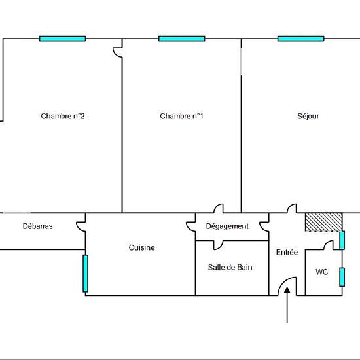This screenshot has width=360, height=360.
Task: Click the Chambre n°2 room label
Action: click(63, 116)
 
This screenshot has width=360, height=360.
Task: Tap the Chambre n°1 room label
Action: click(181, 116)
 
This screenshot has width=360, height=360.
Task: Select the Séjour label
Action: click(308, 116)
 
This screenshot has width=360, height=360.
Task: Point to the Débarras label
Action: click(38, 226)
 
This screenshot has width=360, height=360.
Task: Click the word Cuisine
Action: click(141, 247)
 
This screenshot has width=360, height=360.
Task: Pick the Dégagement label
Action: click(227, 226)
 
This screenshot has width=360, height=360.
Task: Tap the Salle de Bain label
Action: click(230, 267)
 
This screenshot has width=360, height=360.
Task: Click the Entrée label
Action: click(287, 252)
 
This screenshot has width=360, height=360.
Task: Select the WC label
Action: click(321, 272)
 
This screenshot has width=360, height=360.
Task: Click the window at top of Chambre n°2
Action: click(62, 39)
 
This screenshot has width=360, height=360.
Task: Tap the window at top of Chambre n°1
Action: click(181, 39)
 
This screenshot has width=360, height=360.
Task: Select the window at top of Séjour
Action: click(301, 39)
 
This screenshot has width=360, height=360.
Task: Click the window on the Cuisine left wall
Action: click(85, 274)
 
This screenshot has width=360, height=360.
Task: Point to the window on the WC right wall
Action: click(342, 277)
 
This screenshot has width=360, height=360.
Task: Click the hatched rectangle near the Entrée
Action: click(323, 222)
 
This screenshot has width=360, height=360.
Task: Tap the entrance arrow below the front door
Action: click(287, 305)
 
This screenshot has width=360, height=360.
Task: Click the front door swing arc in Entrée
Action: click(282, 282)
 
